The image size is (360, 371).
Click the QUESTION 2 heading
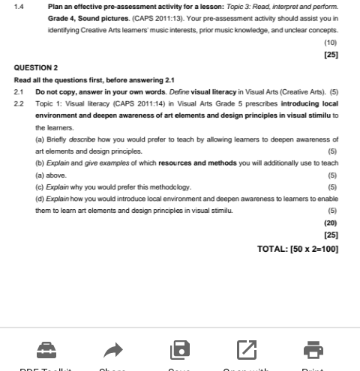36,67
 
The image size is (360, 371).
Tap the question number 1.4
19,6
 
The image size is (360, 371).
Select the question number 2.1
19,92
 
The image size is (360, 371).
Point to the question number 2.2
19,104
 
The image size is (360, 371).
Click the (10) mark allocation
330,43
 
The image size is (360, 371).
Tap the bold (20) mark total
330,223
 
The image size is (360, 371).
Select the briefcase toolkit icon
46,349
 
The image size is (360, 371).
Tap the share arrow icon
112,349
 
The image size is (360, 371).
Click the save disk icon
180,349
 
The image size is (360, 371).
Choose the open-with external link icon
247,349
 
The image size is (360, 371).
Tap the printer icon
313,349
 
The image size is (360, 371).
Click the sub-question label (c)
40,187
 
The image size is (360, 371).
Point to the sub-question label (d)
40,199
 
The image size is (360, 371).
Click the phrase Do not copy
55,92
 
